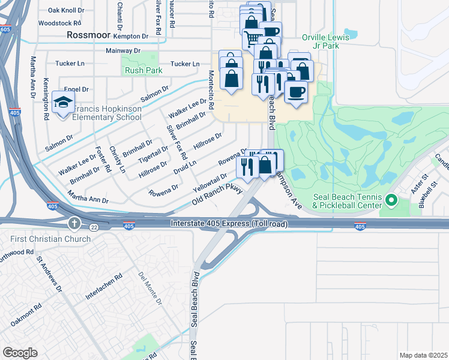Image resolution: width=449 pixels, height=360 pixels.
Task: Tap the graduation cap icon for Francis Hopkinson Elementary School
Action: tap(63, 103)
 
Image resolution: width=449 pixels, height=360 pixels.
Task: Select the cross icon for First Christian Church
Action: tap(74, 224)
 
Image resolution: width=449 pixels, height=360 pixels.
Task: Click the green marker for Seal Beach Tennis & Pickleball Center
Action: tap(393, 199)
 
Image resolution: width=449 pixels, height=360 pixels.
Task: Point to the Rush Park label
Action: tap(143, 70)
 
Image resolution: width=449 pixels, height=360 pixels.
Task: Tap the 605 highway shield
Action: tap(5, 29)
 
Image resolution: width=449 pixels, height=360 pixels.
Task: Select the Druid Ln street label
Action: tap(185, 164)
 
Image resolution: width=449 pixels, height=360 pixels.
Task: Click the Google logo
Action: tap(20, 352)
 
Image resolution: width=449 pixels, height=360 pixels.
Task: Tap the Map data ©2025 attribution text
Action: tap(423, 355)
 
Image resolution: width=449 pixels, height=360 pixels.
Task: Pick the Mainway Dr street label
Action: tap(122, 52)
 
